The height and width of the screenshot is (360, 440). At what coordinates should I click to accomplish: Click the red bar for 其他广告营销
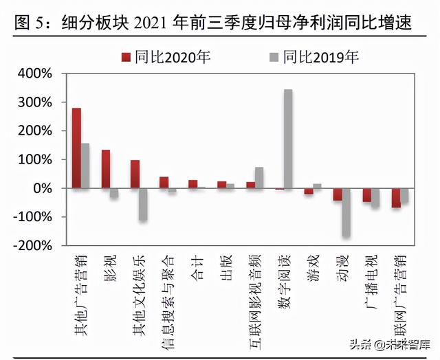point(76,148)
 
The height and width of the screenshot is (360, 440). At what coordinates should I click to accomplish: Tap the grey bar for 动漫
point(346,212)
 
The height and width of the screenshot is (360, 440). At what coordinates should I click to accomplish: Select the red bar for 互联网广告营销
point(396,198)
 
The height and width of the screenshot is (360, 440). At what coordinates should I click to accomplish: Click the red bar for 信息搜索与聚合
point(164,182)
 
